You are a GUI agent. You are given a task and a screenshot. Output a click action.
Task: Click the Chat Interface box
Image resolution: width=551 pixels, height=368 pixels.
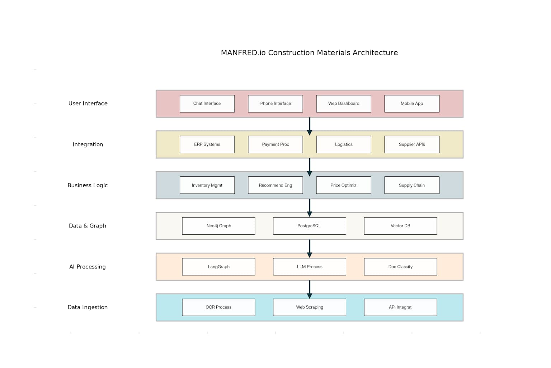[x=207, y=103]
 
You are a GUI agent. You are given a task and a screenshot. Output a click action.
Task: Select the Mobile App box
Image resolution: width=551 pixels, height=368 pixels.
[x=411, y=103]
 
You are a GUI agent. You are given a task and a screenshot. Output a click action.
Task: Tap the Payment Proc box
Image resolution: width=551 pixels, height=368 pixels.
[x=275, y=144]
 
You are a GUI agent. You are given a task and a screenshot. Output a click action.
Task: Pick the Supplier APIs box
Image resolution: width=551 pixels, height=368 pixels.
[x=411, y=144]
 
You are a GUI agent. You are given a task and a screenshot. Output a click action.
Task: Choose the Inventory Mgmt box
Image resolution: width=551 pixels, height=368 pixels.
[x=207, y=185]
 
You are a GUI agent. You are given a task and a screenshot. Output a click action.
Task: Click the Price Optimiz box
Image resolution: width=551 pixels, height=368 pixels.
[x=343, y=185]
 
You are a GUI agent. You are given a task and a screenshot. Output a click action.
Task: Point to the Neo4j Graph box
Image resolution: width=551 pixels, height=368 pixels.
[x=218, y=226]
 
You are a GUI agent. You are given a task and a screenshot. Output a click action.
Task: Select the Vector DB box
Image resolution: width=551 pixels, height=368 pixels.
[x=400, y=226]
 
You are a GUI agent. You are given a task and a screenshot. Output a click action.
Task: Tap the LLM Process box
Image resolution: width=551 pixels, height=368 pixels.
[x=309, y=267]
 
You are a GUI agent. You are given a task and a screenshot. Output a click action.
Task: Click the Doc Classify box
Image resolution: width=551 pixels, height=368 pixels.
[x=400, y=267]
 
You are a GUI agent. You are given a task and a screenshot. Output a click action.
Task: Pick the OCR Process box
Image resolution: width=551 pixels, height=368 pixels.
[x=218, y=307]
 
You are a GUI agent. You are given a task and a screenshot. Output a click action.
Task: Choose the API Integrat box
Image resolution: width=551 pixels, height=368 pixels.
[x=400, y=307]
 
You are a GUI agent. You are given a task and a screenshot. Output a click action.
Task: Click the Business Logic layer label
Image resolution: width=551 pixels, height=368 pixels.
[x=88, y=185]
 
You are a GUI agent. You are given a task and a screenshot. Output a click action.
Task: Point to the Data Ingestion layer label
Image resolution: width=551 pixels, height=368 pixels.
[x=88, y=307]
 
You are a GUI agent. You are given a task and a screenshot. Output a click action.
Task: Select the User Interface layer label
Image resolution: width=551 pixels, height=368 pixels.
[x=88, y=103]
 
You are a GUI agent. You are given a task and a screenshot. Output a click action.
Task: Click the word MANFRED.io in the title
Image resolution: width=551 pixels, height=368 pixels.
[x=243, y=53]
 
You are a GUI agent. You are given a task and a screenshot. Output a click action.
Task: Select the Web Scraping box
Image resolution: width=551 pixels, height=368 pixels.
[x=309, y=307]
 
